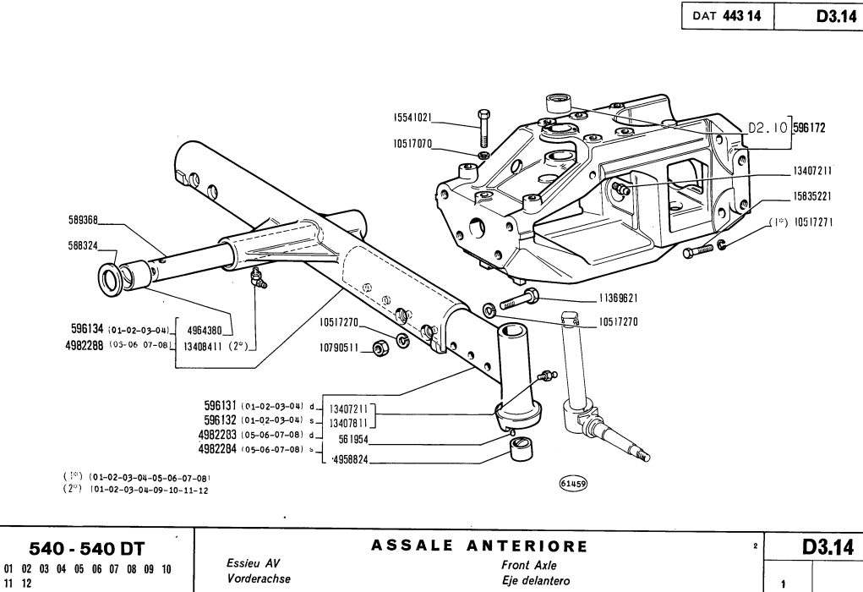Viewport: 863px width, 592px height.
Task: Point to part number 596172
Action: click(x=808, y=129)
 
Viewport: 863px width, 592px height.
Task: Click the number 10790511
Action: click(x=341, y=346)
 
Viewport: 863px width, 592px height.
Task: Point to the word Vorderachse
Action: click(x=256, y=579)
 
